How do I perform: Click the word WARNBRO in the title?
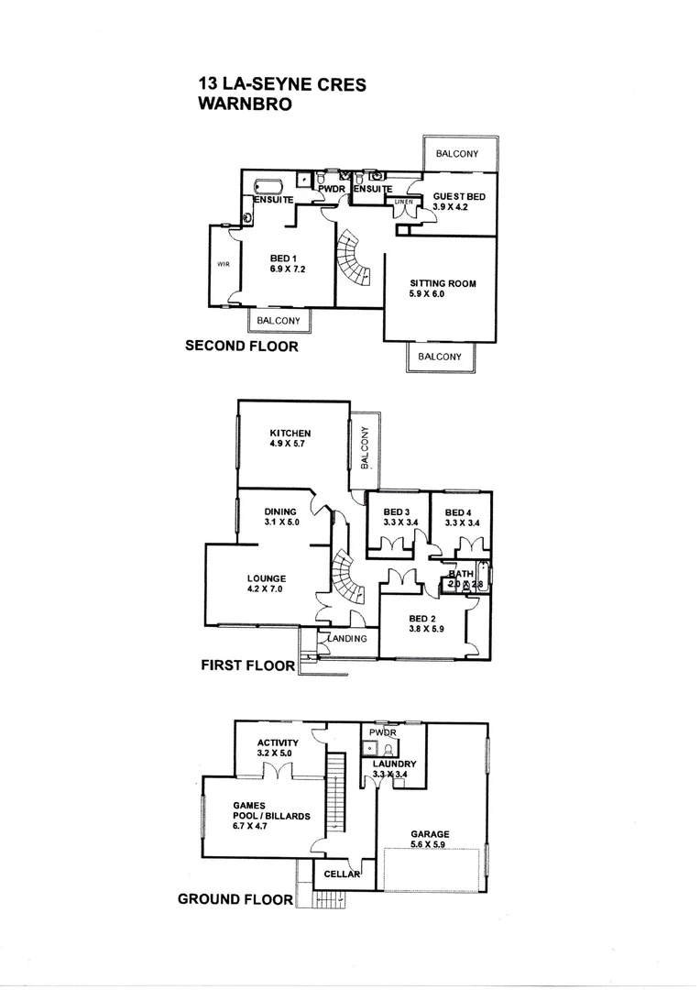245,104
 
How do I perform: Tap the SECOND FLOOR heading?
241,346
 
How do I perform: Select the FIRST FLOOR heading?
247,665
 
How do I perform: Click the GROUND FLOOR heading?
235,900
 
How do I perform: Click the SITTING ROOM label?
443,284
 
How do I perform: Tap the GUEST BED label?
459,196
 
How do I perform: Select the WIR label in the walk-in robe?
222,264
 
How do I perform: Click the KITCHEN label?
290,434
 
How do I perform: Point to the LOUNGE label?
266,578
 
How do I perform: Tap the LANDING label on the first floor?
348,639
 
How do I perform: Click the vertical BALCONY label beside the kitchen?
365,448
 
